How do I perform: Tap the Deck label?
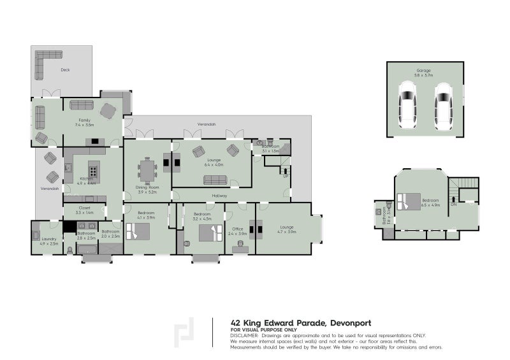[x=65, y=70]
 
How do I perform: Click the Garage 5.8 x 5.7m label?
[x=424, y=73]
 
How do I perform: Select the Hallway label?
[x=220, y=196]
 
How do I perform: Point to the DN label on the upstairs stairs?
[x=453, y=205]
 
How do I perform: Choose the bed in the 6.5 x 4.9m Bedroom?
[x=406, y=201]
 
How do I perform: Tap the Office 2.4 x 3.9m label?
[x=238, y=231]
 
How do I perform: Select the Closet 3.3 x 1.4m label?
[x=84, y=210]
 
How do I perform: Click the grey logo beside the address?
[x=184, y=331]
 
